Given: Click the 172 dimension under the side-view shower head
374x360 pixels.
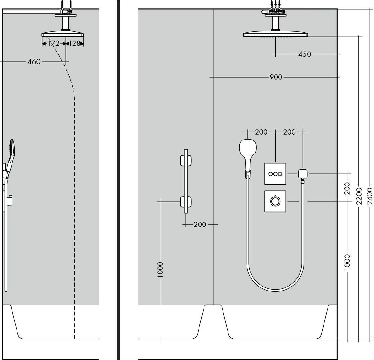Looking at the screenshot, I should point(54,44).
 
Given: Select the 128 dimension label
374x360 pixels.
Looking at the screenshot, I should point(74,44).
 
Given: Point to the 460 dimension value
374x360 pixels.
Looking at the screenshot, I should point(34,62).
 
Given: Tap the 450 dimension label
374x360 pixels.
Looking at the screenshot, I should point(304,54).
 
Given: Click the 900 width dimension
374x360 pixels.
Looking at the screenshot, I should point(276,77).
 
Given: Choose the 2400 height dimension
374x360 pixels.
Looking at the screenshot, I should point(370,196).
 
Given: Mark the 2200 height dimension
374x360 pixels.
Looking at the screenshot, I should point(359,196).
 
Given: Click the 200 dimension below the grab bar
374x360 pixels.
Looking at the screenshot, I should point(200,224).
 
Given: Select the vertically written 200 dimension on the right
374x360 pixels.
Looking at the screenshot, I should point(348,188).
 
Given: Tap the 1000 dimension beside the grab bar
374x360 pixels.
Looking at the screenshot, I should point(161,270).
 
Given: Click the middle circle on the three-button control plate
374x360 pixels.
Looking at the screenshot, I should point(275,174).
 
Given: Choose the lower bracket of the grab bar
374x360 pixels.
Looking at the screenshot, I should point(185,202).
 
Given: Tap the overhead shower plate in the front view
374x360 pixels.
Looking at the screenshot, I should point(275,34).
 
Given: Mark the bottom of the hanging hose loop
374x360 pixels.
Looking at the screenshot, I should point(275,291).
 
